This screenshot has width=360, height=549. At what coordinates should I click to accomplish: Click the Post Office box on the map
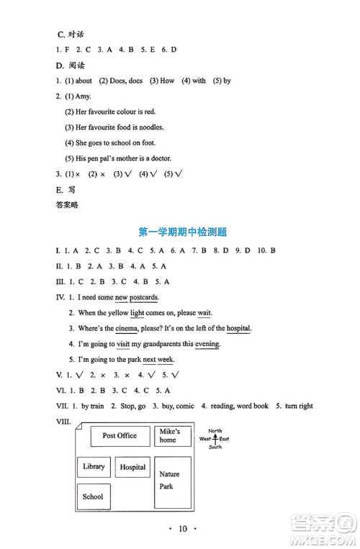(120, 436)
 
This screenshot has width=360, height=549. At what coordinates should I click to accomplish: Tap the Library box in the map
(94, 467)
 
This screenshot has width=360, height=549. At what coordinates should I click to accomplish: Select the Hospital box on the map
(132, 468)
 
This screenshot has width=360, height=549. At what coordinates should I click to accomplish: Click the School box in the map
(93, 496)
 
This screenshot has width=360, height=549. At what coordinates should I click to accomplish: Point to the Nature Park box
(172, 481)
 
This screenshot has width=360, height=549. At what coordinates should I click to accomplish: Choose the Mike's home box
(172, 436)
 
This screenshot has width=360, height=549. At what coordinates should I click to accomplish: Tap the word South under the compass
(215, 447)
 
